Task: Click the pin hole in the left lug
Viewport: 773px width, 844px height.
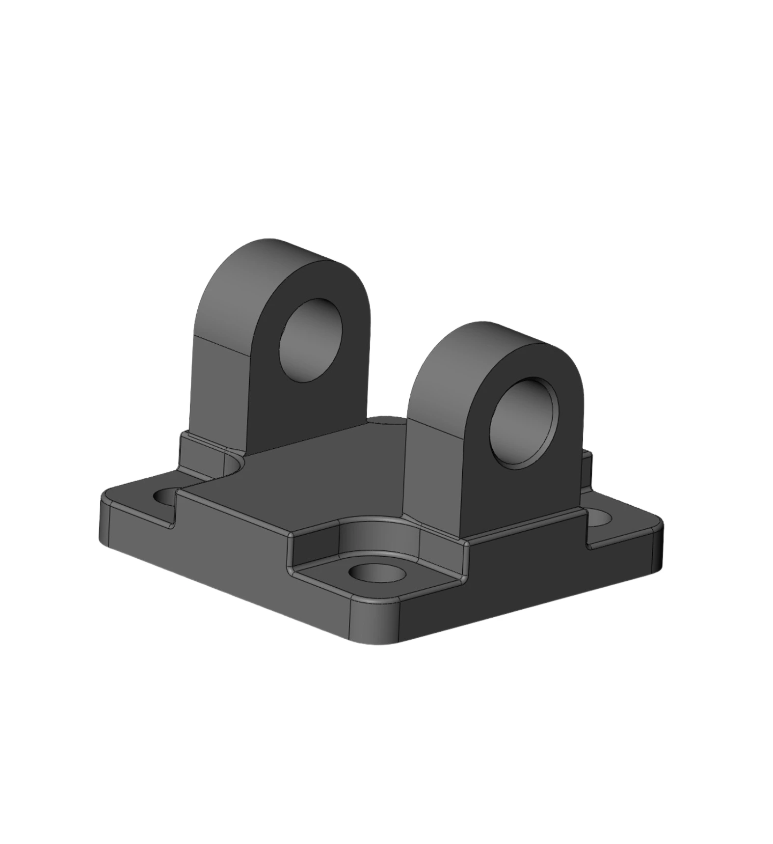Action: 310,340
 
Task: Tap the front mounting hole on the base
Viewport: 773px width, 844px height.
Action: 377,573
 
